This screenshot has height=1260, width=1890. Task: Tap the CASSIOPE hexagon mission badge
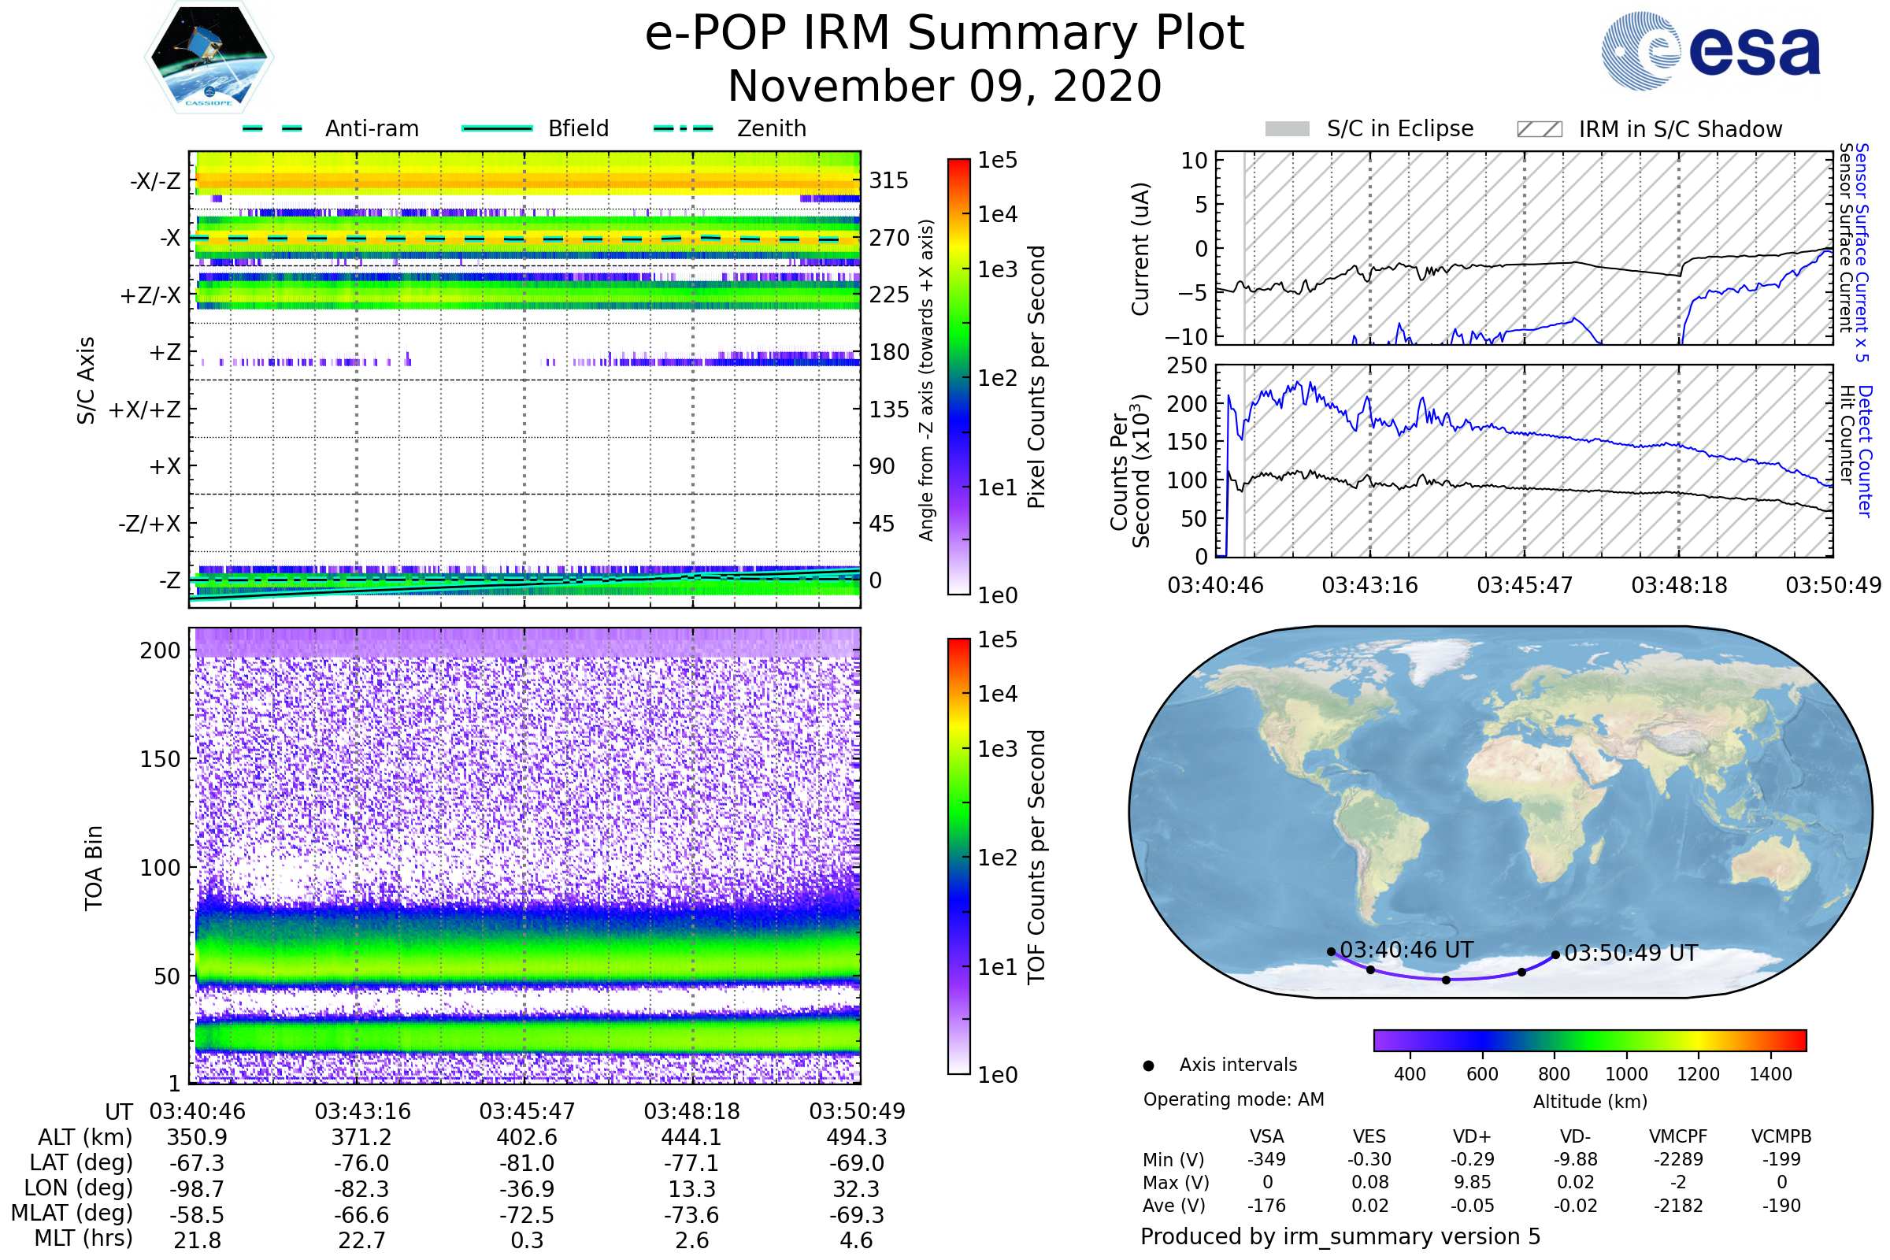pyautogui.click(x=209, y=57)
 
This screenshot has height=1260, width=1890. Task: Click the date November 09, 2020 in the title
pyautogui.click(x=944, y=87)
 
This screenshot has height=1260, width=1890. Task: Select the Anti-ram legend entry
pyautogui.click(x=371, y=128)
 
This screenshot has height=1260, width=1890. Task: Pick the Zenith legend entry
pyautogui.click(x=771, y=128)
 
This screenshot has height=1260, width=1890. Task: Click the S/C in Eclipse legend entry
pyautogui.click(x=1399, y=128)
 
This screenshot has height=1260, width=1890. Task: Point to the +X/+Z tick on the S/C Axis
pyautogui.click(x=145, y=409)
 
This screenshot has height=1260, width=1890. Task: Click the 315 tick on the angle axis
pyautogui.click(x=888, y=180)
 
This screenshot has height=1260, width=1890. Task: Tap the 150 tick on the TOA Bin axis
pyautogui.click(x=160, y=759)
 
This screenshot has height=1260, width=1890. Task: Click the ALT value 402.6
pyautogui.click(x=526, y=1138)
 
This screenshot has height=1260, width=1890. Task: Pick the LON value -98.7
pyautogui.click(x=197, y=1189)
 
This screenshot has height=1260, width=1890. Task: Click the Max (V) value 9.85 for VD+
pyautogui.click(x=1472, y=1182)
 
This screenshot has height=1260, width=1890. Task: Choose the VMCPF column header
pyautogui.click(x=1678, y=1136)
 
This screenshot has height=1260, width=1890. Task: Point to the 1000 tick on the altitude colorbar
pyautogui.click(x=1625, y=1074)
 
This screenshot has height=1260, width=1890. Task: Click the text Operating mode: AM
pyautogui.click(x=1233, y=1099)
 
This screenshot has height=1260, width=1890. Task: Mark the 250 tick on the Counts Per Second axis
pyautogui.click(x=1187, y=365)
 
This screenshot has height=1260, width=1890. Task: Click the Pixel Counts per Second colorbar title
pyautogui.click(x=1036, y=376)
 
